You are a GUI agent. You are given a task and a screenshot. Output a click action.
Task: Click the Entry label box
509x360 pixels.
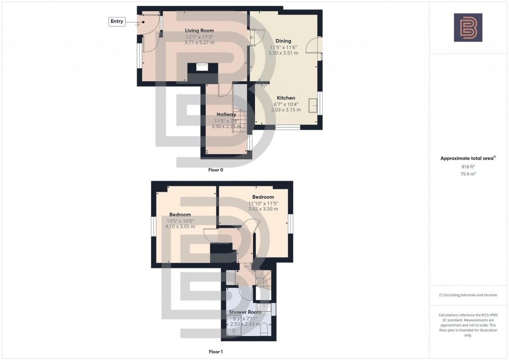(116, 21)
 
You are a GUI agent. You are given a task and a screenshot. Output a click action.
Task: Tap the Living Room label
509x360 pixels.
(199, 31)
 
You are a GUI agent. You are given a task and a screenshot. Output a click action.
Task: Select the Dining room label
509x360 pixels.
(283, 41)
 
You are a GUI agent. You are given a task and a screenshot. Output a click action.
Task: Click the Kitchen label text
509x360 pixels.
(286, 98)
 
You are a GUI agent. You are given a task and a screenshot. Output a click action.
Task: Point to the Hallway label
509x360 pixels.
(226, 114)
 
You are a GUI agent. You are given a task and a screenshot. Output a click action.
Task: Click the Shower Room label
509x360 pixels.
(245, 312)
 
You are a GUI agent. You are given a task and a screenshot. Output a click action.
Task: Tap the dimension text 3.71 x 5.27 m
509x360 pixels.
(199, 43)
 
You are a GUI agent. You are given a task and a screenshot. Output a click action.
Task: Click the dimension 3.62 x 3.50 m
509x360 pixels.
(263, 209)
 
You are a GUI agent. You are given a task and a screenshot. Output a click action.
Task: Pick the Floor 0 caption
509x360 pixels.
(216, 170)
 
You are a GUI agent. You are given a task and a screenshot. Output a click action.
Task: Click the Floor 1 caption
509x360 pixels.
(216, 352)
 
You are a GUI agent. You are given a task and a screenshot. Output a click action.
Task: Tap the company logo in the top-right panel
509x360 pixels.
(468, 27)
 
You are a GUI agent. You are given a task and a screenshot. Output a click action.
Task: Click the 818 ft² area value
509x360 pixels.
(468, 167)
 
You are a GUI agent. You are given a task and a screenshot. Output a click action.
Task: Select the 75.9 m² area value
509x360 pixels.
(468, 175)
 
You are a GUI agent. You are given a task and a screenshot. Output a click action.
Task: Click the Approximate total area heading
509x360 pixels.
(468, 158)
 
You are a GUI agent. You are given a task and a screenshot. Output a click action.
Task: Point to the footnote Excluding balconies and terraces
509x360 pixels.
(468, 295)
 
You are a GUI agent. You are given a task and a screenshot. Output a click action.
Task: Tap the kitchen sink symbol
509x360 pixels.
(313, 106)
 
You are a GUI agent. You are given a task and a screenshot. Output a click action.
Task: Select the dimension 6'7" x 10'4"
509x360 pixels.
(286, 104)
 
